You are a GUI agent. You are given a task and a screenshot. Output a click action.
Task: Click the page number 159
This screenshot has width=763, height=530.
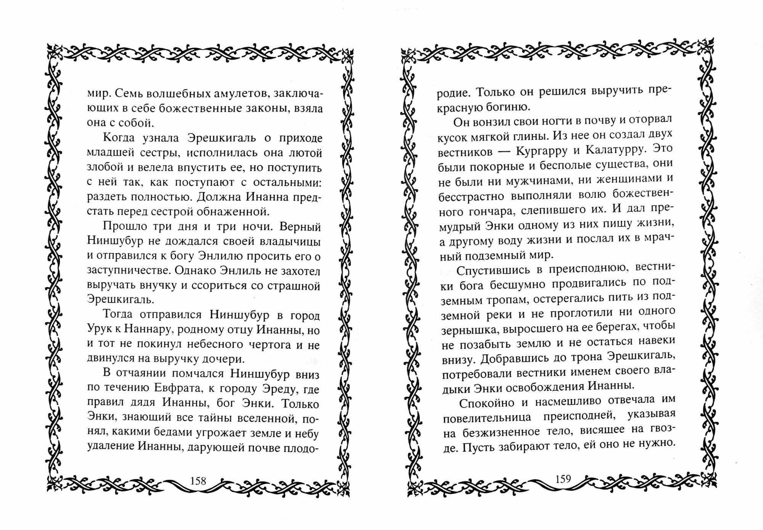pos(563,479)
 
